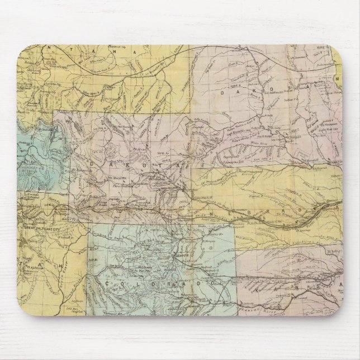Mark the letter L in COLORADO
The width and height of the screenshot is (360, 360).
tap(130, 284)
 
